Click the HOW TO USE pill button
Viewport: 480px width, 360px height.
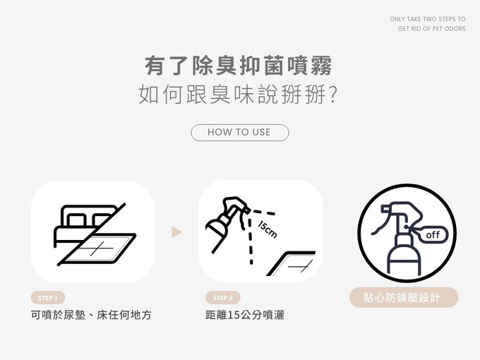(x=240, y=133)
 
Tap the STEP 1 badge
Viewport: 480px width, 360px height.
(x=48, y=298)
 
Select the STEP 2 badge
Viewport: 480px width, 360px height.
(x=223, y=298)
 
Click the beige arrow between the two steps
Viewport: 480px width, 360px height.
(x=176, y=232)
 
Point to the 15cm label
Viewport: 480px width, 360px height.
(x=268, y=229)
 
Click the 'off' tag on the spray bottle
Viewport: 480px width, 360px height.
(x=432, y=235)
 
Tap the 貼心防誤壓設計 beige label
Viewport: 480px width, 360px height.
(x=404, y=297)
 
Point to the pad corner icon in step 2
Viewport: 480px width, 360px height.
(x=291, y=263)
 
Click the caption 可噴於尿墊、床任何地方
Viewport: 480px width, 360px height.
(x=91, y=315)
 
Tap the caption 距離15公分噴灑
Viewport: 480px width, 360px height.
(x=245, y=315)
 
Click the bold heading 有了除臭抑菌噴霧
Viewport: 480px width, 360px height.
(x=239, y=66)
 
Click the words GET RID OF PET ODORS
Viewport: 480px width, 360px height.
(x=432, y=29)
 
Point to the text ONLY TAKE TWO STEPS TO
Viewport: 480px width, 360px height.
(x=428, y=19)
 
